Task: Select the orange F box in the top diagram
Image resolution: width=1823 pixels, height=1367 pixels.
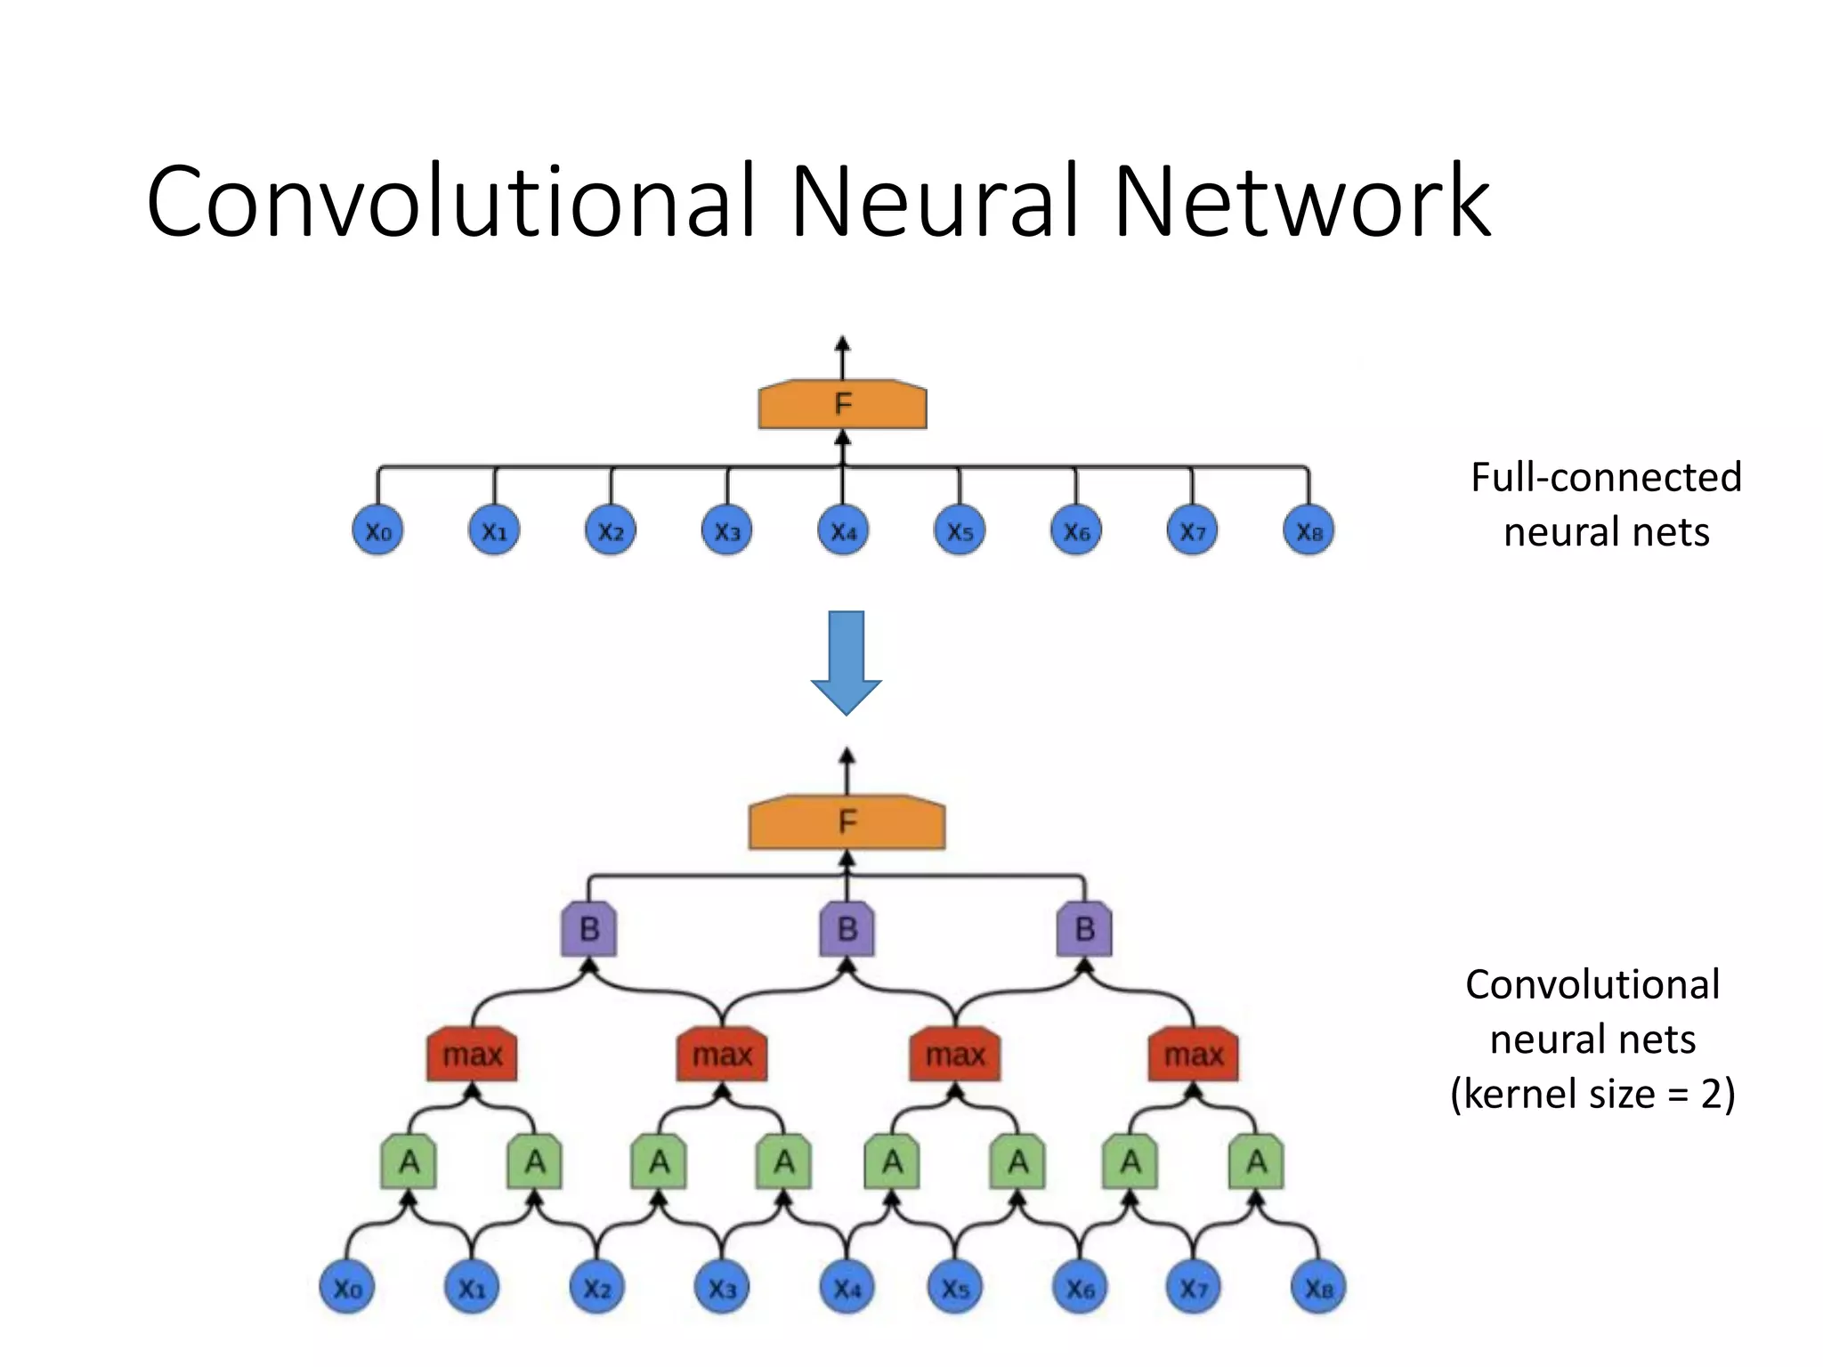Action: (842, 405)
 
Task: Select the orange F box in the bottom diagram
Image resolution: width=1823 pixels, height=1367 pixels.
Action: (847, 821)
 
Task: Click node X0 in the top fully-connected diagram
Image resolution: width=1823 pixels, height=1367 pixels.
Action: (378, 531)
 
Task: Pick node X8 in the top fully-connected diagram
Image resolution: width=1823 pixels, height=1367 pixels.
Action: (1309, 531)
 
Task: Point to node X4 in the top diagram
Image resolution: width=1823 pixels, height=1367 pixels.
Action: (843, 531)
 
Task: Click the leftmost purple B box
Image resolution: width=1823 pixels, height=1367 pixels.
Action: (588, 929)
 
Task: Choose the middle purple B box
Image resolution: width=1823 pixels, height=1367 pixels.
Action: (847, 929)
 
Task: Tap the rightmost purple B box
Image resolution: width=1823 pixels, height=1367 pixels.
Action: (1084, 929)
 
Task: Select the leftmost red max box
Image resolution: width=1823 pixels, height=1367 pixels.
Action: (472, 1056)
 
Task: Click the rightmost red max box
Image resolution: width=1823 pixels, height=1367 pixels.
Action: (1193, 1056)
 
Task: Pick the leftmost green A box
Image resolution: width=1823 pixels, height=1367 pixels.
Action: (409, 1162)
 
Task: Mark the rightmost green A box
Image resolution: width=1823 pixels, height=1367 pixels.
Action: (1256, 1162)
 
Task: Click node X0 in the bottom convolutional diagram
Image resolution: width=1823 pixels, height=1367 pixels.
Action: (347, 1288)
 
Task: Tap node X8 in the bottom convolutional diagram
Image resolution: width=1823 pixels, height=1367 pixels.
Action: (1318, 1288)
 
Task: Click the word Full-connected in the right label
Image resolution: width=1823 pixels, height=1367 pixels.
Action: (1606, 478)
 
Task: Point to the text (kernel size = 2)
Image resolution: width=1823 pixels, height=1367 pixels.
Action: (1592, 1094)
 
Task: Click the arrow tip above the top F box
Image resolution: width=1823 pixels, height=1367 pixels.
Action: (843, 343)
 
